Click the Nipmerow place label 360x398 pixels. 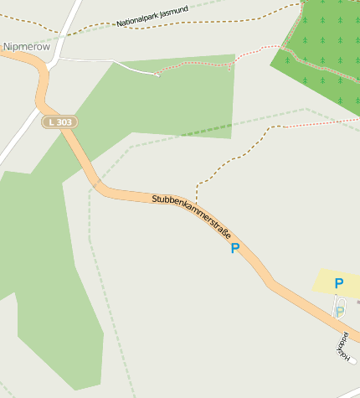27,47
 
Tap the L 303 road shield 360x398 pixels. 60,122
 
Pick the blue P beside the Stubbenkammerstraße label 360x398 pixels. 235,249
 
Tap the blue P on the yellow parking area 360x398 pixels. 338,284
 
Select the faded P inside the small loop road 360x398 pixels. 339,311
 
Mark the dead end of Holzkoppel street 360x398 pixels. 354,360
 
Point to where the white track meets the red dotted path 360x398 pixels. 157,74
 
